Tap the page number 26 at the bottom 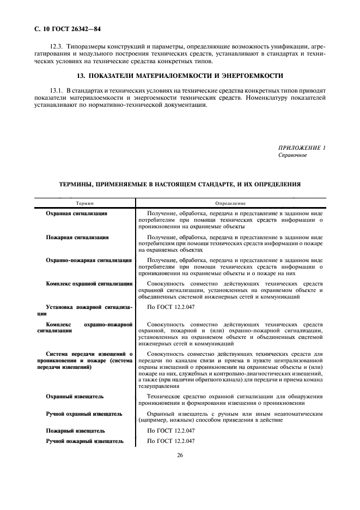pyautogui.click(x=179, y=455)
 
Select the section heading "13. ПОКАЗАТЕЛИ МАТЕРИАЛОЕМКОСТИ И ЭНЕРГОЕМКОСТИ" pyautogui.click(x=180, y=75)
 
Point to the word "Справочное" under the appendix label pyautogui.click(x=292, y=155)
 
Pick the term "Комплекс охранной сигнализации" pyautogui.click(x=89, y=283)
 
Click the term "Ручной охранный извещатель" pyautogui.click(x=84, y=414)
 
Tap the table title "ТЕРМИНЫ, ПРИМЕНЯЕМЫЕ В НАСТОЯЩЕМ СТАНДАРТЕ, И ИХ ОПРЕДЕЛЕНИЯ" pyautogui.click(x=180, y=184)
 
